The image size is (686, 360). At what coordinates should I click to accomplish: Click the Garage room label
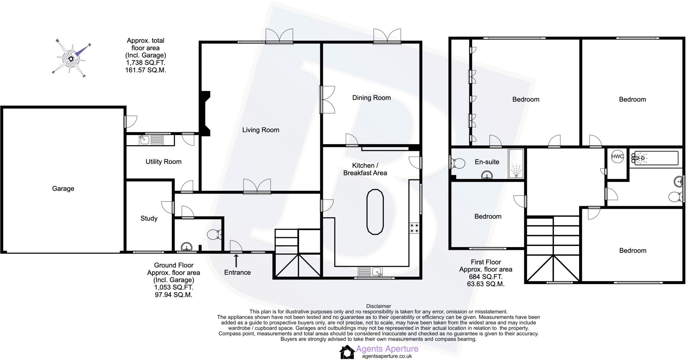(x=63, y=189)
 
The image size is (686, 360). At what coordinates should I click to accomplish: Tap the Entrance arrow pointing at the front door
(x=236, y=260)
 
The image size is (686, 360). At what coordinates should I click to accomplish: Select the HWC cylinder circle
(x=617, y=157)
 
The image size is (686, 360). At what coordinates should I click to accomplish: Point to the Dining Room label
(x=371, y=98)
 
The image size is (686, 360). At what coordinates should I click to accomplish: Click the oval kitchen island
(x=375, y=212)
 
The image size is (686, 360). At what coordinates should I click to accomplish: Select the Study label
(x=149, y=219)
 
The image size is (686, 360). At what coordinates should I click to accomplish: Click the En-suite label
(x=487, y=162)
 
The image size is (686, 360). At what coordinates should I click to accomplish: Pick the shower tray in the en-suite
(x=516, y=164)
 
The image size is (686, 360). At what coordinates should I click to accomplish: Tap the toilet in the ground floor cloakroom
(x=214, y=234)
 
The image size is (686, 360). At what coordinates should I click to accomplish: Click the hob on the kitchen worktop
(x=414, y=228)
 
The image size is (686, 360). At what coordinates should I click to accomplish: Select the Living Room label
(x=261, y=130)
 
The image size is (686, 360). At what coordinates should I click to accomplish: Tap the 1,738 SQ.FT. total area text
(x=145, y=63)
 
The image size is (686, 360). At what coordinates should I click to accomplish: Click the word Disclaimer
(x=379, y=306)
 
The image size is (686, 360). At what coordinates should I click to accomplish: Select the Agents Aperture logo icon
(x=347, y=352)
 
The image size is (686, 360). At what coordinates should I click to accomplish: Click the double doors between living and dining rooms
(x=326, y=99)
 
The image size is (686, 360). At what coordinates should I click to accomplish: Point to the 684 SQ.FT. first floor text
(x=486, y=277)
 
